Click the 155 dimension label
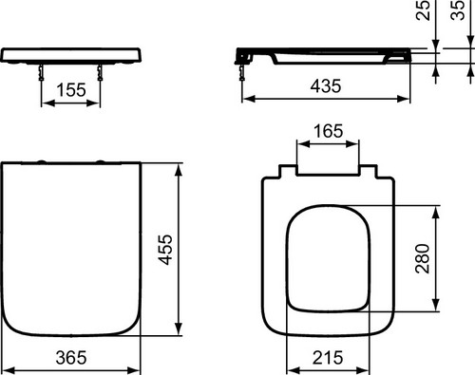[x=71, y=90]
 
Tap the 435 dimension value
[x=326, y=86]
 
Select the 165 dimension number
[x=329, y=131]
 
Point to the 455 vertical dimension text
[x=165, y=250]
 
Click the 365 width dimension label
[x=71, y=358]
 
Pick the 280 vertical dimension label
[x=423, y=258]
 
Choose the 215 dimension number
[x=328, y=358]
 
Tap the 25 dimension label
[x=423, y=10]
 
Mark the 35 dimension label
[x=457, y=10]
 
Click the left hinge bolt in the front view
[x=41, y=72]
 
